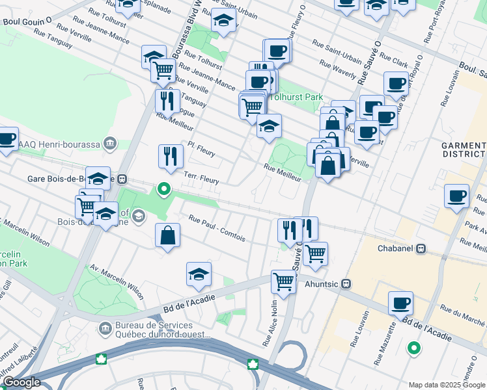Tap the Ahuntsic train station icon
pyautogui.click(x=347, y=283)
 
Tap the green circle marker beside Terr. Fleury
pyautogui.click(x=164, y=189)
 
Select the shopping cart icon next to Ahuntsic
pyautogui.click(x=283, y=281)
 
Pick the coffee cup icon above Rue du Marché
pyautogui.click(x=400, y=302)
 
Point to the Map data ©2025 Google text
pyautogui.click(x=446, y=385)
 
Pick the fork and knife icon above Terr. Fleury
pyautogui.click(x=171, y=155)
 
